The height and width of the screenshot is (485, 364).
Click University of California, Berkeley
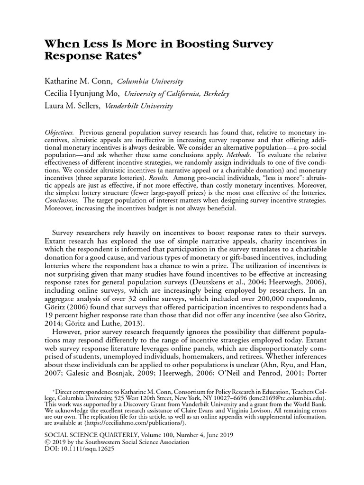coord(180,94)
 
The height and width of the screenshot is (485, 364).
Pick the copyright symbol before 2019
coord(47,442)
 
